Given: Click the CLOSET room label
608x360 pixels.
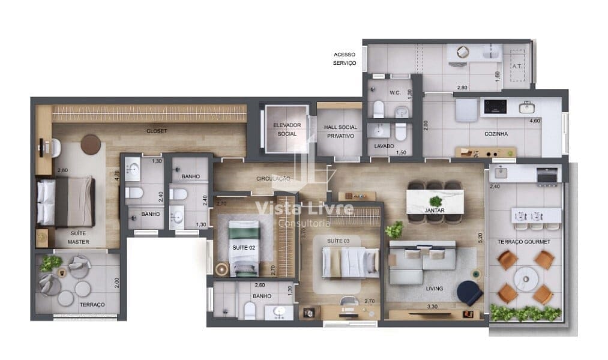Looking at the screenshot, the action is [157, 131].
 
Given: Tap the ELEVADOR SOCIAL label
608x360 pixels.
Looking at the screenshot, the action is [287, 130].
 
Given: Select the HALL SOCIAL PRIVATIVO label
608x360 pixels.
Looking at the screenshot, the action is [340, 131].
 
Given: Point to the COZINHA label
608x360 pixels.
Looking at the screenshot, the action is [496, 134].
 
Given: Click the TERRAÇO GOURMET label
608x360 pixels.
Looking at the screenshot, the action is [524, 241].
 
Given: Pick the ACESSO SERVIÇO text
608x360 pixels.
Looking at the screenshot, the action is [345, 59].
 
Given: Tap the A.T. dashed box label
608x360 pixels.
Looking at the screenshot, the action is [517, 66].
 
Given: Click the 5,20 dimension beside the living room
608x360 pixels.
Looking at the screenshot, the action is [480, 238].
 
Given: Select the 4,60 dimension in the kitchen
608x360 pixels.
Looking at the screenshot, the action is [535, 121].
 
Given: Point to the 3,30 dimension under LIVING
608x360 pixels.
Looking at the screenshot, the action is [432, 307].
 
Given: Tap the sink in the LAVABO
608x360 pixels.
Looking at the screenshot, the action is [376, 131].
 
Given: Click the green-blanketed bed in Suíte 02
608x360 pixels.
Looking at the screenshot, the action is [244, 248].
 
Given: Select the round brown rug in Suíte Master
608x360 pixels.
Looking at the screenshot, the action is [91, 145].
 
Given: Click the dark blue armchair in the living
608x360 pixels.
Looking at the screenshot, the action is [469, 293].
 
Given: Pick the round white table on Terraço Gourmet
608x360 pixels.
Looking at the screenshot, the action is [526, 278].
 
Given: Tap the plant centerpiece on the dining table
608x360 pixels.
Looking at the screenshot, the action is [436, 201].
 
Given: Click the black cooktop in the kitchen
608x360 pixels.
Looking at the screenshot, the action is [495, 107].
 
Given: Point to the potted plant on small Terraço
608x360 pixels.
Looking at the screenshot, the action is [50, 263].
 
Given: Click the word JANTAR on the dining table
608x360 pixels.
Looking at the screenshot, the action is [435, 210].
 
